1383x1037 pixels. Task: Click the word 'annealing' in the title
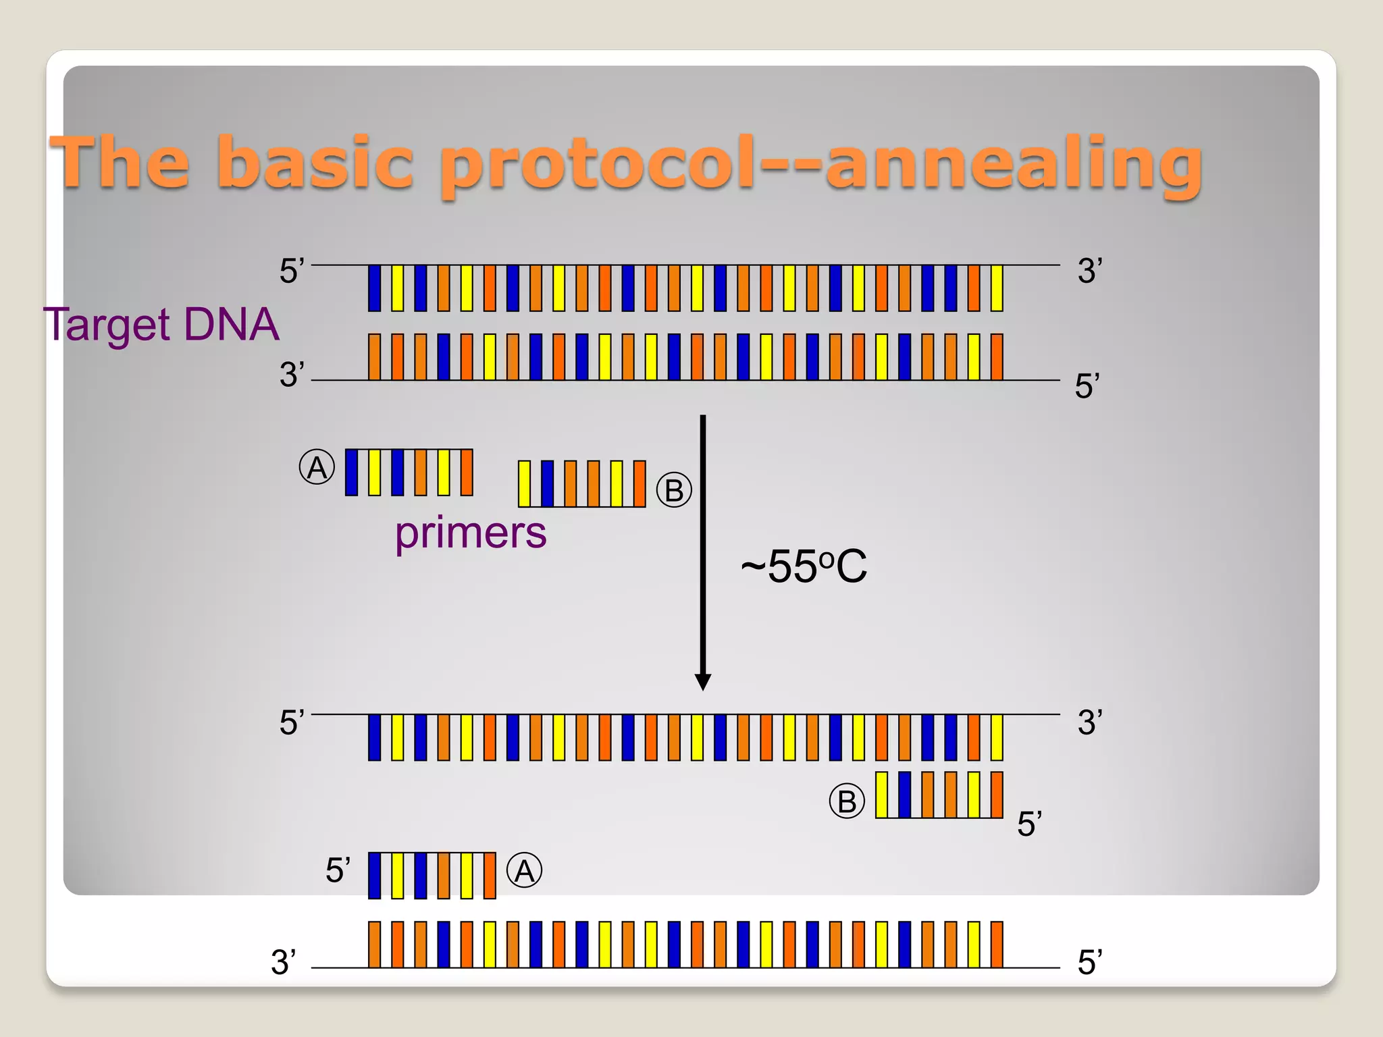[1013, 163]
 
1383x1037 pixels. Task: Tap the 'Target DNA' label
[161, 325]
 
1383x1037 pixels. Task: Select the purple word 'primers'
[471, 533]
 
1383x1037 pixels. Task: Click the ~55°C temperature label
[804, 566]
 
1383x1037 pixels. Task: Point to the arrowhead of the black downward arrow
[703, 682]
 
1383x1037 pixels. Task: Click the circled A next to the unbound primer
[317, 467]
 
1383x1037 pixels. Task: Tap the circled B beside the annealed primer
[846, 801]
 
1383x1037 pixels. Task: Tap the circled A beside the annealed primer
[524, 871]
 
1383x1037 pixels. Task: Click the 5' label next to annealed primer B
[1029, 824]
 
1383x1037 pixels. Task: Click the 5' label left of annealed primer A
[338, 870]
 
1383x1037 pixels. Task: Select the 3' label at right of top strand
[1089, 271]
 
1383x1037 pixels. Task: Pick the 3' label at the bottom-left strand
[283, 962]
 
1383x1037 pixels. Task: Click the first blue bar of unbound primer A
[351, 473]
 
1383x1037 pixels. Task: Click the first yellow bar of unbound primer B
[524, 483]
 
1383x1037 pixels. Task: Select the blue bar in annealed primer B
[904, 795]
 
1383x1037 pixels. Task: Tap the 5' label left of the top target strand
[292, 271]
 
